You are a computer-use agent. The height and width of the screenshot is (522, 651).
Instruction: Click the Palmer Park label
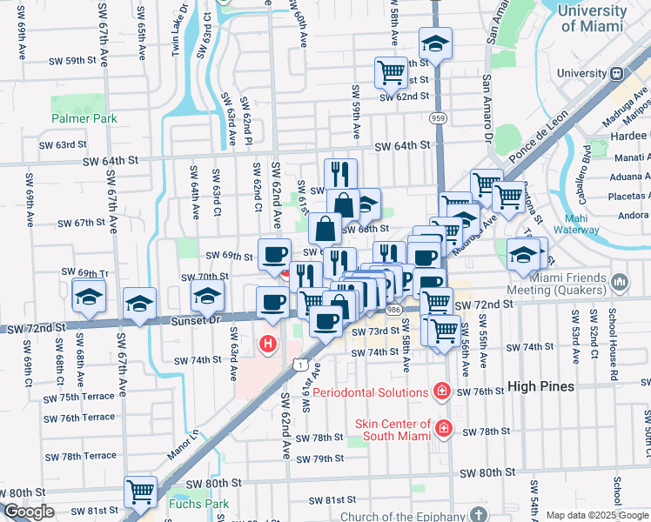84,118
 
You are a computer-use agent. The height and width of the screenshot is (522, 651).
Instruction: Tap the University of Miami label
592,18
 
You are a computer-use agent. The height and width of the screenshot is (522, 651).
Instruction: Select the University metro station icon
617,74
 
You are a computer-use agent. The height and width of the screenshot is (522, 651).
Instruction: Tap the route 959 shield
437,117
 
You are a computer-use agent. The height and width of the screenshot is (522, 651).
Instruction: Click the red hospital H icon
269,345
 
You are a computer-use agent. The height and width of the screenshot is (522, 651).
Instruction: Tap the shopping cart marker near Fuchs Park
140,492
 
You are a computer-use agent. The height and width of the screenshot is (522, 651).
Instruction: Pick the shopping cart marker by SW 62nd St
391,71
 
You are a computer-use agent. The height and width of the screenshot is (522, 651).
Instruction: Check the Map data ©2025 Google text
596,515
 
